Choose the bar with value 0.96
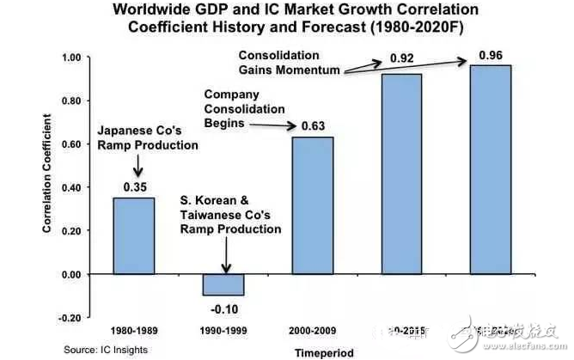click(x=490, y=169)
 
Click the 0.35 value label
click(x=134, y=186)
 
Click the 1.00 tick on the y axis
click(x=70, y=58)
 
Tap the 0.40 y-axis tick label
click(x=70, y=187)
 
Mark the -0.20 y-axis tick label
click(x=68, y=318)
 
